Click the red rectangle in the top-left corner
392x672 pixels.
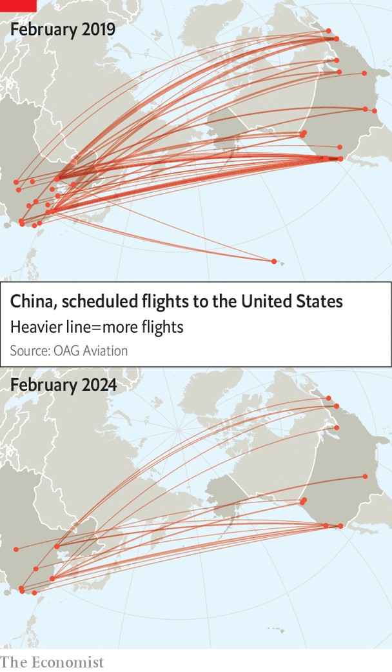coord(18,6)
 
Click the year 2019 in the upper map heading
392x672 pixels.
coord(97,29)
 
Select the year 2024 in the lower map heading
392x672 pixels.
coord(98,385)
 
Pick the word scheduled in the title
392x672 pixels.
coord(93,302)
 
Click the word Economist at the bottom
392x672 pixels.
coord(63,662)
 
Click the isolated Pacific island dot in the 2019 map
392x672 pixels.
coord(274,261)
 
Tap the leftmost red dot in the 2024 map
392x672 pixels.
coord(16,549)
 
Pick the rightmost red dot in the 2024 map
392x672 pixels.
coord(365,477)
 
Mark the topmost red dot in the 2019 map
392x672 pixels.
coord(328,30)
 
